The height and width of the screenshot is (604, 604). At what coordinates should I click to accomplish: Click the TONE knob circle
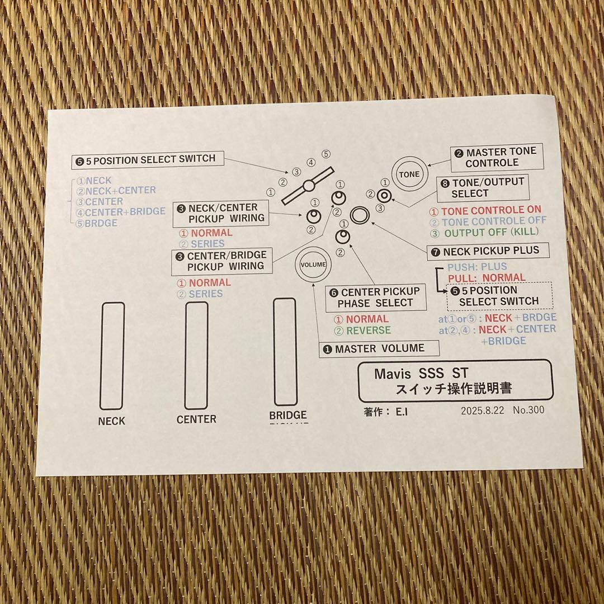pyautogui.click(x=409, y=174)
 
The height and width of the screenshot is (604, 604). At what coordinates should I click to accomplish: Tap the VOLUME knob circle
pyautogui.click(x=313, y=265)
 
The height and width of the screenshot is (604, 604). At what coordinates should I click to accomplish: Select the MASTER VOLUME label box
pyautogui.click(x=379, y=348)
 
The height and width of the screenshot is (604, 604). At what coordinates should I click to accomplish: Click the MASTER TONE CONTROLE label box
pyautogui.click(x=496, y=157)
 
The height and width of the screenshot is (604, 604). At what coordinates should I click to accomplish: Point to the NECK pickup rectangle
pyautogui.click(x=112, y=356)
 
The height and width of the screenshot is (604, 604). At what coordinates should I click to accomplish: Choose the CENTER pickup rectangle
pyautogui.click(x=196, y=355)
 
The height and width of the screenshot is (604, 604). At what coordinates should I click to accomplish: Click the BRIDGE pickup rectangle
pyautogui.click(x=285, y=351)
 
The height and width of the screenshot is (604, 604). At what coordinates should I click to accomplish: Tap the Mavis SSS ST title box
pyautogui.click(x=455, y=380)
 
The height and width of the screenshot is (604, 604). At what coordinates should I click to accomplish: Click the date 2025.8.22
pyautogui.click(x=483, y=410)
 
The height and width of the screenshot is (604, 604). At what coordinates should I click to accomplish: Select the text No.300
pyautogui.click(x=528, y=410)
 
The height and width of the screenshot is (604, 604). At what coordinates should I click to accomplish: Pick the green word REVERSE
pyautogui.click(x=368, y=331)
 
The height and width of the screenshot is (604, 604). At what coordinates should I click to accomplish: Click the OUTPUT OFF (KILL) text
pyautogui.click(x=489, y=232)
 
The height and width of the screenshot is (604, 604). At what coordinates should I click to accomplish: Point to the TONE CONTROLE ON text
pyautogui.click(x=491, y=210)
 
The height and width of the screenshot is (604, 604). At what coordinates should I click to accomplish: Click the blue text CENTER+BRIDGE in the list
pyautogui.click(x=125, y=211)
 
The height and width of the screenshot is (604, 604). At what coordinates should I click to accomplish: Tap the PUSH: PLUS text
pyautogui.click(x=477, y=267)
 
